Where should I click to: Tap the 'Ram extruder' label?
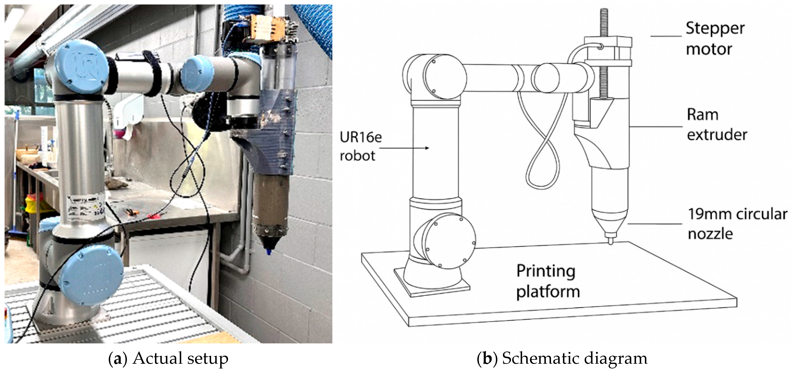coord(717,124)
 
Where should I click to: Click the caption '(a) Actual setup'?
coord(168,358)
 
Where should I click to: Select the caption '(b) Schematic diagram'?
coord(562,358)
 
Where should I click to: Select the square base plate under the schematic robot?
coord(432,287)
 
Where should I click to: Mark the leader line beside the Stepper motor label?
coord(666,36)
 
